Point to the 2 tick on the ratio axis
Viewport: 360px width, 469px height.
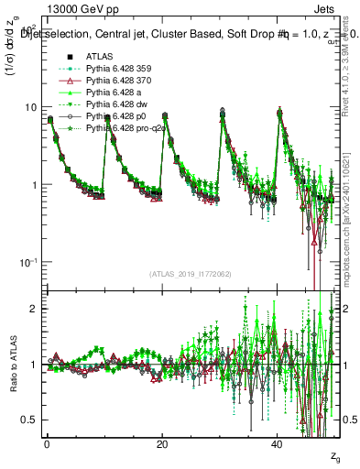pyautogui.click(x=34, y=309)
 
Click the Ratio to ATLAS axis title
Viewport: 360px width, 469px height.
pyautogui.click(x=12, y=365)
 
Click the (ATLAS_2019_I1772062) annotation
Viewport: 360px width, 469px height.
pyautogui.click(x=190, y=273)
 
